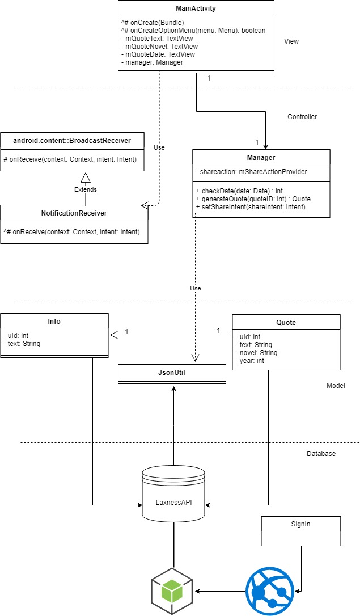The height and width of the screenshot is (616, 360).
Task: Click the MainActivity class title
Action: [196, 9]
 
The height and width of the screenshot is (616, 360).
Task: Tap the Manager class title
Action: [261, 157]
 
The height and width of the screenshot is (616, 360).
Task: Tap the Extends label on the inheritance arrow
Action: [86, 189]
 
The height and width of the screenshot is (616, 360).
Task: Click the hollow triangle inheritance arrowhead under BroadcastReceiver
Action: [86, 176]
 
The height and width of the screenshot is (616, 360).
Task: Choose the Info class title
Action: [54, 322]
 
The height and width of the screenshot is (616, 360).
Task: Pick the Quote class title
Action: [286, 323]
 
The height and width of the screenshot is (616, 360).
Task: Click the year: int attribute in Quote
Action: [252, 360]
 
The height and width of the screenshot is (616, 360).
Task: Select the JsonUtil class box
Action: [172, 374]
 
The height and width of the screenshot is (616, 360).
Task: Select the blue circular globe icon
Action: [270, 592]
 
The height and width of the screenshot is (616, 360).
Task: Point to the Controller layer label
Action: [302, 117]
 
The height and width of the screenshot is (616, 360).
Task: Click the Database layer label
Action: [321, 454]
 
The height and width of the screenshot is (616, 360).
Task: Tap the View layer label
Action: [291, 41]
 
